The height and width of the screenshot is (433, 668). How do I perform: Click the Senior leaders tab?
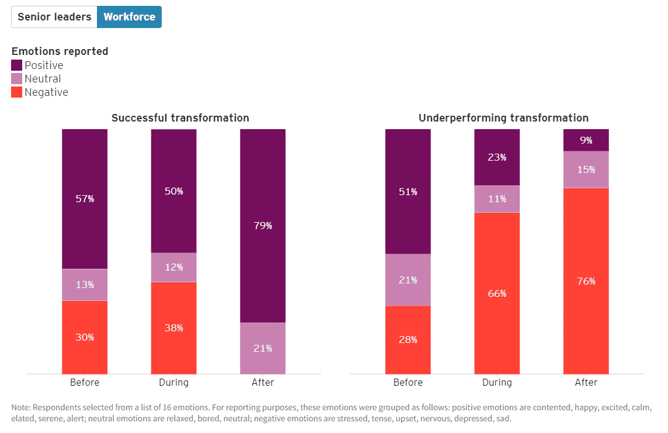(x=54, y=17)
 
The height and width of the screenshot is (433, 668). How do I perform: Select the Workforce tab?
(x=129, y=17)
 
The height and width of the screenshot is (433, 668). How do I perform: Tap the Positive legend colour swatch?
(x=17, y=65)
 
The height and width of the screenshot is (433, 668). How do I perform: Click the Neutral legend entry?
(x=42, y=79)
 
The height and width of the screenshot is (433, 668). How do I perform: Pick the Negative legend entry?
(x=46, y=92)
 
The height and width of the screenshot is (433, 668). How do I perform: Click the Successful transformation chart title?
(x=180, y=118)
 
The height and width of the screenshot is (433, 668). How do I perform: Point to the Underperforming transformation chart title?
(x=503, y=118)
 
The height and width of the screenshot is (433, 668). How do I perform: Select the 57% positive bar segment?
(x=85, y=199)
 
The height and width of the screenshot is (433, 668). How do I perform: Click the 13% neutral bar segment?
(x=85, y=285)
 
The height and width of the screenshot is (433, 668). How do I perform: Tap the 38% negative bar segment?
(x=173, y=328)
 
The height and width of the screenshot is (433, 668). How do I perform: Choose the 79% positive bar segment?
(x=263, y=226)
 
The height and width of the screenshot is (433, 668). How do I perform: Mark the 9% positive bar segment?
(x=586, y=140)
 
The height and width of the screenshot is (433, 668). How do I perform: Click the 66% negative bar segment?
(x=497, y=293)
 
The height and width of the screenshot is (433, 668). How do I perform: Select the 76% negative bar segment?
(x=586, y=281)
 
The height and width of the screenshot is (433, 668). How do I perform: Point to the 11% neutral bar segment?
(x=497, y=199)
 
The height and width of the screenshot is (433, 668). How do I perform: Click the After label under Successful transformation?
(x=263, y=383)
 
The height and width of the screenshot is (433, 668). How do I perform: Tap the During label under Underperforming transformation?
(x=497, y=383)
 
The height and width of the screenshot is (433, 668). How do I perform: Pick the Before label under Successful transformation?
(x=85, y=383)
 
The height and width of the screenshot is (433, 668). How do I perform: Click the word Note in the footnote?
(x=22, y=407)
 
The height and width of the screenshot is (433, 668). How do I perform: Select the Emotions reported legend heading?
(x=60, y=51)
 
